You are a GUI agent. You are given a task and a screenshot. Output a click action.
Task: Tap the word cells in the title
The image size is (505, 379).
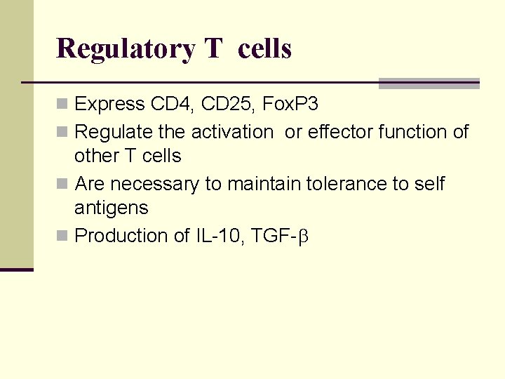[x=264, y=48]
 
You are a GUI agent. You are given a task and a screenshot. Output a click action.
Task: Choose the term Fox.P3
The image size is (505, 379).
[x=290, y=105]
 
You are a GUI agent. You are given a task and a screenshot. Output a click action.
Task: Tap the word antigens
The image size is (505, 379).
[x=111, y=208]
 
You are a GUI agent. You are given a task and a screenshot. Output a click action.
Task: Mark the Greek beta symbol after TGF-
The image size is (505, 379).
[x=304, y=237]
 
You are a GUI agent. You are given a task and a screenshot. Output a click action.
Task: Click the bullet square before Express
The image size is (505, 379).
[x=62, y=105]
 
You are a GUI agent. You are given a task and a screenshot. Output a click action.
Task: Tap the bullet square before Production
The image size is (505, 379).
[x=62, y=237]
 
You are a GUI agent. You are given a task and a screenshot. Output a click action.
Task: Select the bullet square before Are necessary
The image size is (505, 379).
[x=62, y=185]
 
